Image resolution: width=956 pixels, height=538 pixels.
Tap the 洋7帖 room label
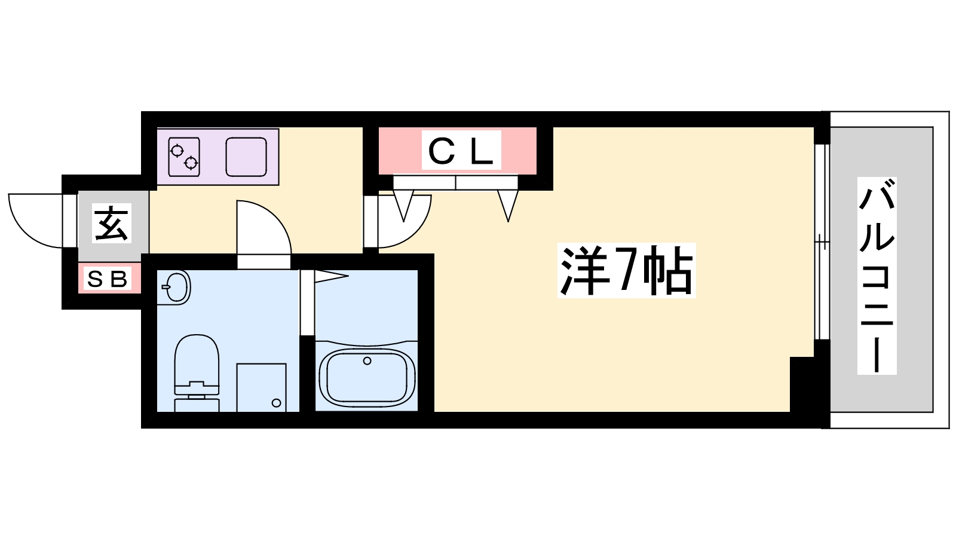(x=627, y=270)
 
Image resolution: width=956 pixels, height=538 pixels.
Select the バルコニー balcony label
(x=877, y=276)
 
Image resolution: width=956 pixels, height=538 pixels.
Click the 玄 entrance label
(x=111, y=224)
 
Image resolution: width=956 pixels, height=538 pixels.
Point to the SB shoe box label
(x=107, y=279)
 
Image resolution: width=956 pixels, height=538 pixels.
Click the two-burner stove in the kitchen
(x=184, y=157)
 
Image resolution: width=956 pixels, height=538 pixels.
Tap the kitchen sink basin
(x=246, y=157)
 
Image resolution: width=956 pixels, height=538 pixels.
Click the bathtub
(x=367, y=378)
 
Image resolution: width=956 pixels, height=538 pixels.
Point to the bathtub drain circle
(x=367, y=361)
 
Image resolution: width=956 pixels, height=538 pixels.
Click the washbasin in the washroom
(x=174, y=287)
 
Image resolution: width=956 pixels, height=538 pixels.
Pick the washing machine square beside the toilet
(x=261, y=388)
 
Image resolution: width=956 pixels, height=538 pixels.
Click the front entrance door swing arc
(x=35, y=221)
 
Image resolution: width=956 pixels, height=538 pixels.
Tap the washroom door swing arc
(x=263, y=227)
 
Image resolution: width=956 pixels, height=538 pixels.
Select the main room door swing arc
(x=405, y=221)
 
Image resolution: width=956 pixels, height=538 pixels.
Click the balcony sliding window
(x=822, y=242)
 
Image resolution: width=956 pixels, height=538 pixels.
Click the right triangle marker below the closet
(x=508, y=206)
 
